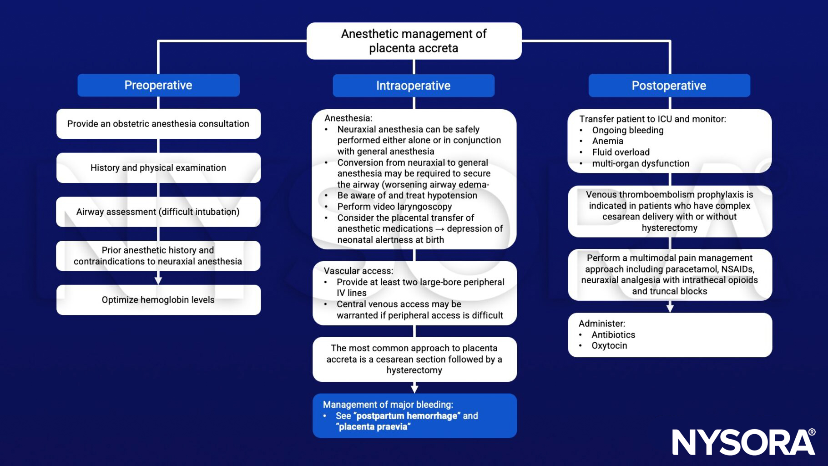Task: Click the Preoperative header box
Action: pos(158,85)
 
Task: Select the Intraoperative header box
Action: pos(413,86)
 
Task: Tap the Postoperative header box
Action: pos(669,86)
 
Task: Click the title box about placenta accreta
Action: pos(414,41)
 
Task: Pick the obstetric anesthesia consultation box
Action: pos(158,124)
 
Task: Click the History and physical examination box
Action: pos(158,168)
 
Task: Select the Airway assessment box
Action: pos(158,212)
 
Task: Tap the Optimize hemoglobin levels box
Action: pos(158,300)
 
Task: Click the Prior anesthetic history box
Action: pos(158,256)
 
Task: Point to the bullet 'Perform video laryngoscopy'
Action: pos(394,207)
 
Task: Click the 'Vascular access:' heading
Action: pos(358,271)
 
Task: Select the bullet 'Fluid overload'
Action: pos(621,152)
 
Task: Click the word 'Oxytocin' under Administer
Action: pos(609,346)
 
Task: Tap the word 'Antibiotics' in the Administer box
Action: pos(613,335)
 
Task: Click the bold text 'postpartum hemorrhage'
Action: pos(407,416)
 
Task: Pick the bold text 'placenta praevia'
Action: pos(373,427)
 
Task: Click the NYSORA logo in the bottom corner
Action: pos(744,442)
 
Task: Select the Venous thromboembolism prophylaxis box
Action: pos(669,211)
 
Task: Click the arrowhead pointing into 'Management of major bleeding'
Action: pos(414,389)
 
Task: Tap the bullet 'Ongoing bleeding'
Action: pos(627,130)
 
